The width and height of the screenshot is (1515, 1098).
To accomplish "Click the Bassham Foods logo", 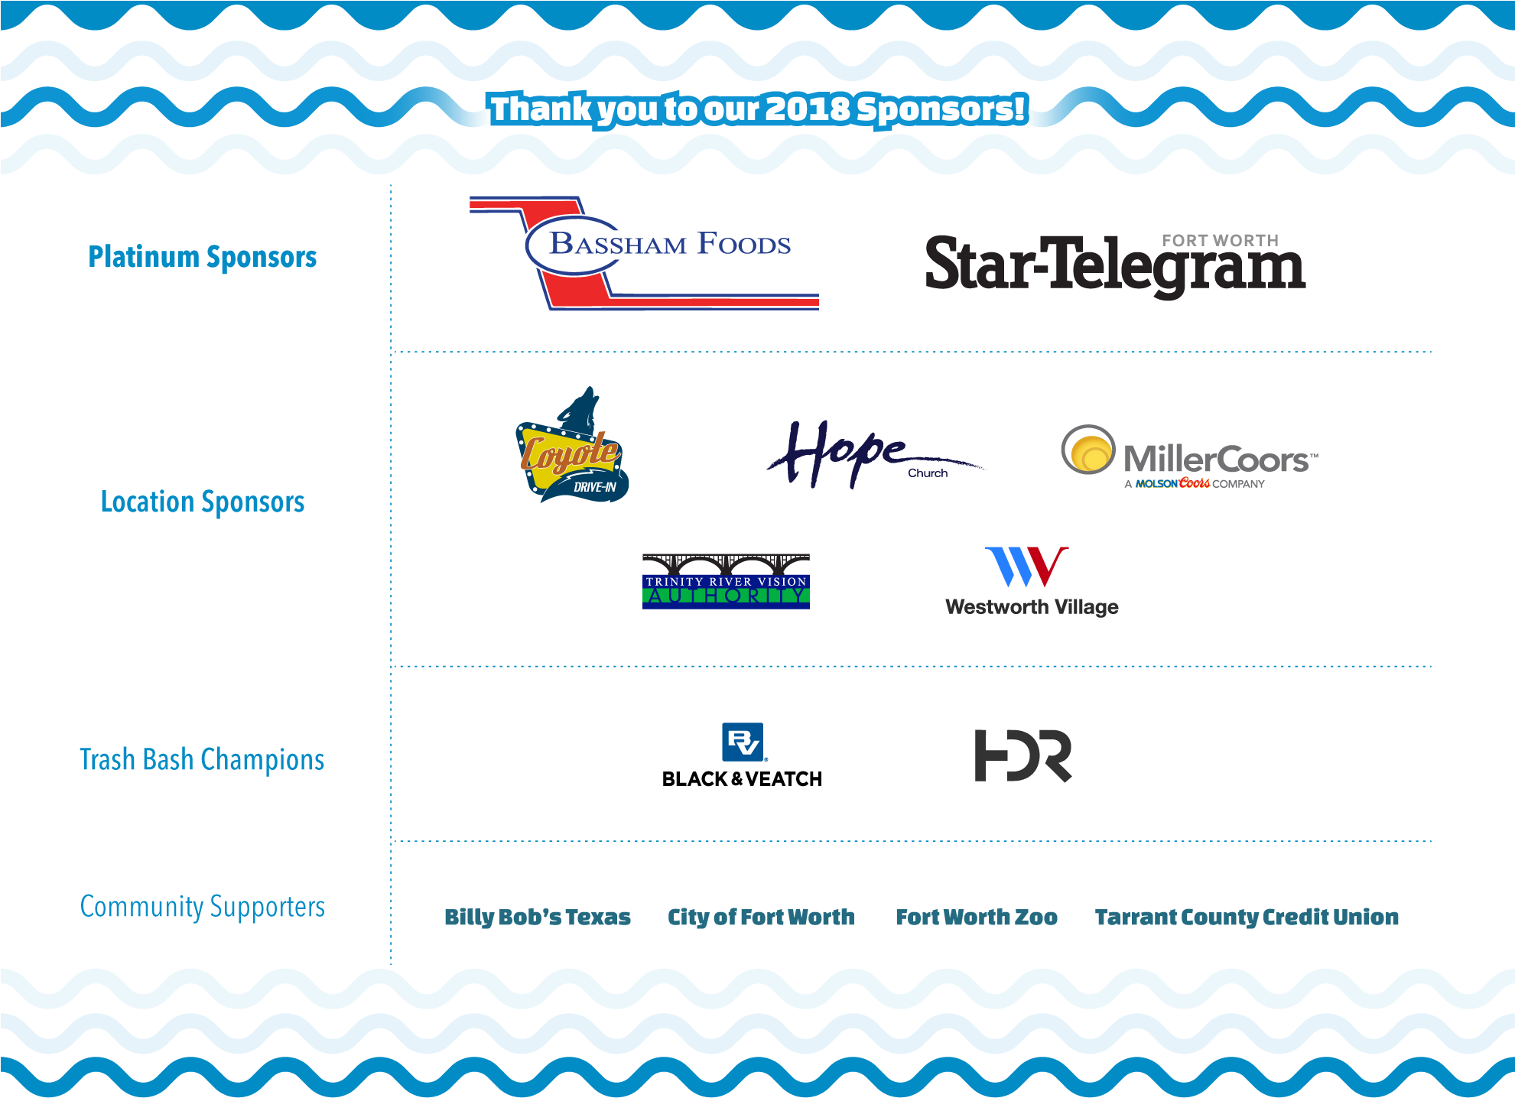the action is [644, 253].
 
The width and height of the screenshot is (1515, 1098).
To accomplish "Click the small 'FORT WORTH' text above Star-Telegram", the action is [1220, 240].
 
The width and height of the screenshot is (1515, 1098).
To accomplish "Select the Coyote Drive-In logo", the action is [572, 445].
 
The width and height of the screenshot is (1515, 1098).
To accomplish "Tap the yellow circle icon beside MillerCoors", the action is [1088, 450].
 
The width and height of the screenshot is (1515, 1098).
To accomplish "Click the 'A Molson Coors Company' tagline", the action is [1194, 483].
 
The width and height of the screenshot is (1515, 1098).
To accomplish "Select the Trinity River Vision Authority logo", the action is [726, 581].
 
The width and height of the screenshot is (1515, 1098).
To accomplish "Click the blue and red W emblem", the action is [1026, 567].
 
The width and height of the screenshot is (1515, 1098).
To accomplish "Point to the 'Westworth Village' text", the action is [1032, 607].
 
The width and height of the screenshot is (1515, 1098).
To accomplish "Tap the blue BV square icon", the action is [743, 742].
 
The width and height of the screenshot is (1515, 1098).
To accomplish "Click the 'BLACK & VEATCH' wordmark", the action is [742, 779].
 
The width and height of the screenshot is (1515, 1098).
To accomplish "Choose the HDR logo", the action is [1023, 755].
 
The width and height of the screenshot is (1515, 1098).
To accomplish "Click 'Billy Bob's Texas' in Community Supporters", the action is [538, 917].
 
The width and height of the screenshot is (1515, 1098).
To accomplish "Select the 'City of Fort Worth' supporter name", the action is [761, 917].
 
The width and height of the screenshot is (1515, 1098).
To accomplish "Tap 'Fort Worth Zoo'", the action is [977, 917].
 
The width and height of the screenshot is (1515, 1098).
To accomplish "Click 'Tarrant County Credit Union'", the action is [1247, 917].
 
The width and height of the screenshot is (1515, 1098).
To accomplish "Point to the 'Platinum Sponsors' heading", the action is [203, 257].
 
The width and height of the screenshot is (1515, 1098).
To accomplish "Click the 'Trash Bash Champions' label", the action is [202, 759].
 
